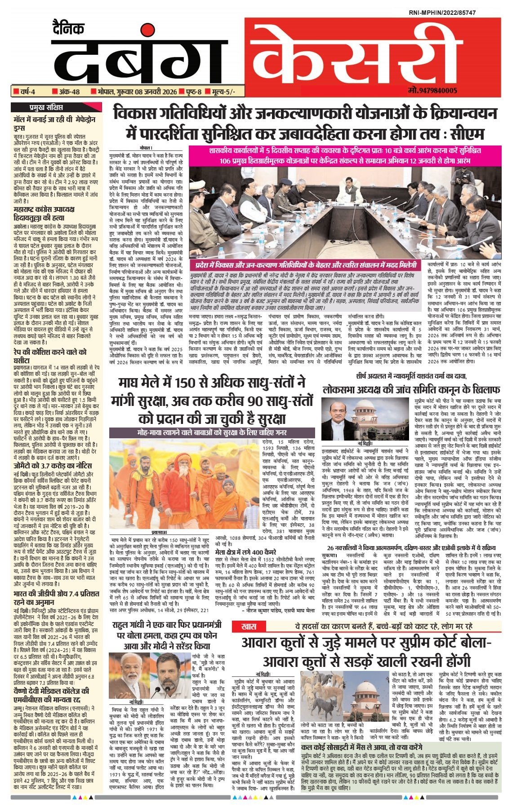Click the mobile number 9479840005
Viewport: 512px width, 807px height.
[433, 91]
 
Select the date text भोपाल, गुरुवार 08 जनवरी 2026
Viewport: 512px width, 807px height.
[135, 92]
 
